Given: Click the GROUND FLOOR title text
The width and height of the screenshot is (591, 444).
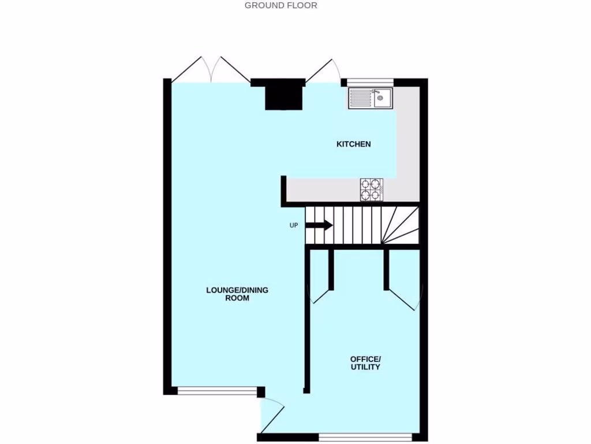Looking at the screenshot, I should (x=281, y=6).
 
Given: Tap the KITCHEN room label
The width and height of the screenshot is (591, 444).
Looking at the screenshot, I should (x=353, y=144).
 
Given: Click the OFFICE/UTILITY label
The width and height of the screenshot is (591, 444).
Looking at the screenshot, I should (x=365, y=363).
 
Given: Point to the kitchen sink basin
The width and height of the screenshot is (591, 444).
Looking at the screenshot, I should (x=380, y=99).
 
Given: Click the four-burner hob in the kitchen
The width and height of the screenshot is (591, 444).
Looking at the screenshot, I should (x=372, y=190).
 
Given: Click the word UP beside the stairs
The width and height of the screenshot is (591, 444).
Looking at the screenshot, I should (x=294, y=225).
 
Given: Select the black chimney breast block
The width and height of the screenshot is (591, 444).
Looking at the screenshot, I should (x=284, y=95).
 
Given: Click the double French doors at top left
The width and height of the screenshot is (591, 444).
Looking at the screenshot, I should (x=211, y=70).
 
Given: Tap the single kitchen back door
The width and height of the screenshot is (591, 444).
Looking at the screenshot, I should (x=323, y=71).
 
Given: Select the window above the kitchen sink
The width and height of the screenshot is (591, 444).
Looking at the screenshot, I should (x=370, y=82).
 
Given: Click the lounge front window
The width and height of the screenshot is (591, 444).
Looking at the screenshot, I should (x=217, y=391).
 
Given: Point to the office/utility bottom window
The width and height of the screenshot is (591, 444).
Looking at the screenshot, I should (x=365, y=437).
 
